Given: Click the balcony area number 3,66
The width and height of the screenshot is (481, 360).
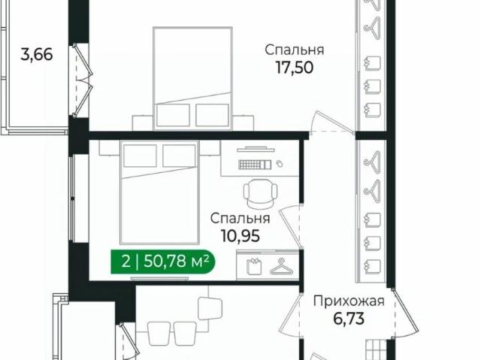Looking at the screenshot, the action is (x=37, y=55).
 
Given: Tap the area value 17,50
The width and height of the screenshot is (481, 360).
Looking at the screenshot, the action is (x=295, y=68).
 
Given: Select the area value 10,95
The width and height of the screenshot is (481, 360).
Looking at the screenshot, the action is (x=240, y=236).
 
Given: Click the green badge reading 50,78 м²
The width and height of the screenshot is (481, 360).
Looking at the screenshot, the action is (x=163, y=262).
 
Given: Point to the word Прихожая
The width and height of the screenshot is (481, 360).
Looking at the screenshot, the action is (x=349, y=301).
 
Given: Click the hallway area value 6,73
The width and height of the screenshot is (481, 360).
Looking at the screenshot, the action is (x=349, y=319).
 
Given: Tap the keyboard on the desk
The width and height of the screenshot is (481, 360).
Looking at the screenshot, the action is (x=255, y=165).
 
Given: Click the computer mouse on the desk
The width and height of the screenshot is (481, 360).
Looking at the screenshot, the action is (x=279, y=164).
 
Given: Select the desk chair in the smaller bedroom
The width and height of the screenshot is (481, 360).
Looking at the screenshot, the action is (x=261, y=193).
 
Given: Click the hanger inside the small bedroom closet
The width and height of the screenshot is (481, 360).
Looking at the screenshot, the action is (x=281, y=267).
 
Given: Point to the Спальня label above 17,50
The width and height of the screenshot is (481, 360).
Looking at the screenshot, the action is (x=295, y=50).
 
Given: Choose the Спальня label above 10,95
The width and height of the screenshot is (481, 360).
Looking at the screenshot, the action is (x=240, y=219).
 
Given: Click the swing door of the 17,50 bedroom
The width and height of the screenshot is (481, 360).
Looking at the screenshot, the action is (x=332, y=123).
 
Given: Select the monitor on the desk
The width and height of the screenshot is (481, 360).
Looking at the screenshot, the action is (x=256, y=150).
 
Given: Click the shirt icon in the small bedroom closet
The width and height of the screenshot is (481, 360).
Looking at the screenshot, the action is (x=254, y=266).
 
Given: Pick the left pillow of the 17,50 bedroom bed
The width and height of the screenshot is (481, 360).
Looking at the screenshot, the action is (x=173, y=115).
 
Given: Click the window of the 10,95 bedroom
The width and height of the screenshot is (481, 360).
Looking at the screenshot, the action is (x=73, y=198).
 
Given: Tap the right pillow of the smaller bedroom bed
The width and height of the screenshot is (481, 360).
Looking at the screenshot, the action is (x=179, y=156).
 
